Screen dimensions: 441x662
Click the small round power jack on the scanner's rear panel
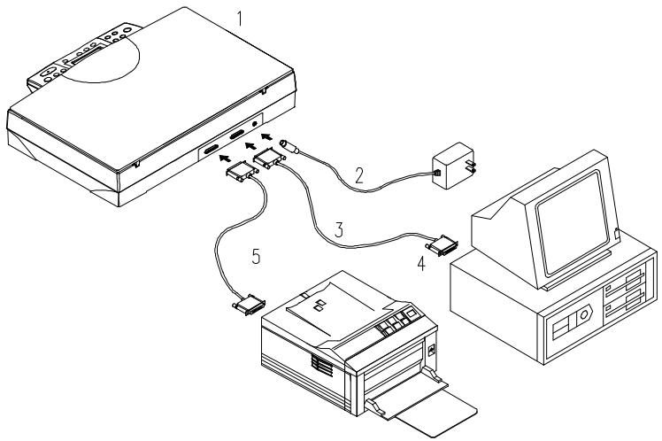click(x=256, y=125)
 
